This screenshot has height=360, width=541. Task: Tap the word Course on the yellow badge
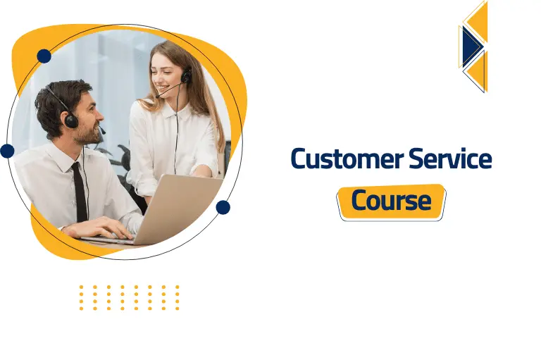391,201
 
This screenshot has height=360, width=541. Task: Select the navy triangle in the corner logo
471,46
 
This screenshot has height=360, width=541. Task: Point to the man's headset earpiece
70,120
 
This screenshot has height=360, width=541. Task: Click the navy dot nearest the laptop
223,207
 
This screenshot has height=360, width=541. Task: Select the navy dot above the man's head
44,56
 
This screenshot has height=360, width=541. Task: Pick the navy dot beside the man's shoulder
7,151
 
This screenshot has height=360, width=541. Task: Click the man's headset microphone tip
103,132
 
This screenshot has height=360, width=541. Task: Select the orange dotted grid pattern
129,297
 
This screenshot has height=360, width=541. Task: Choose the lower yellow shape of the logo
478,72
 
